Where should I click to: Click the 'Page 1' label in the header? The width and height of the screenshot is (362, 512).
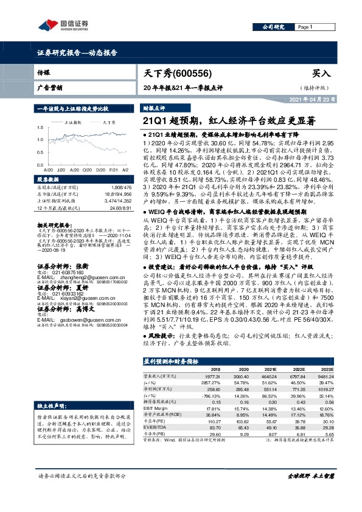(x=304, y=27)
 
